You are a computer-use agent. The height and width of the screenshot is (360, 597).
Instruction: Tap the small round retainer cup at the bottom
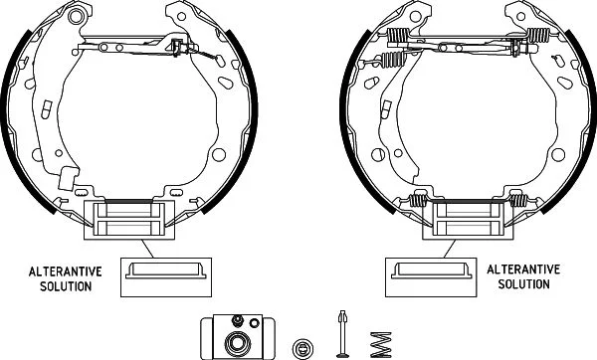pyautogui.click(x=303, y=348)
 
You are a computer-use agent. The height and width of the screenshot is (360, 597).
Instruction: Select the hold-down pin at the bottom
pyautogui.click(x=342, y=334)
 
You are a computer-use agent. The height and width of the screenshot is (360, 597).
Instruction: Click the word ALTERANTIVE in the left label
pyautogui.click(x=66, y=271)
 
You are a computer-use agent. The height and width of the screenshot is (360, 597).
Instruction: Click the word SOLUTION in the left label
pyautogui.click(x=66, y=286)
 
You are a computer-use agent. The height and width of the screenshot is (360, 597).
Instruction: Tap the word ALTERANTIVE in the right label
pyautogui.click(x=523, y=270)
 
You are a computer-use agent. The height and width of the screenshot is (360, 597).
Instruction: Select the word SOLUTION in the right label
pyautogui.click(x=524, y=284)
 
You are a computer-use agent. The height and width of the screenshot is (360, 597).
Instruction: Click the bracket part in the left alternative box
pyautogui.click(x=166, y=270)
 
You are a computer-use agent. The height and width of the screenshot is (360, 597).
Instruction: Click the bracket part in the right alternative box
pyautogui.click(x=431, y=270)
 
